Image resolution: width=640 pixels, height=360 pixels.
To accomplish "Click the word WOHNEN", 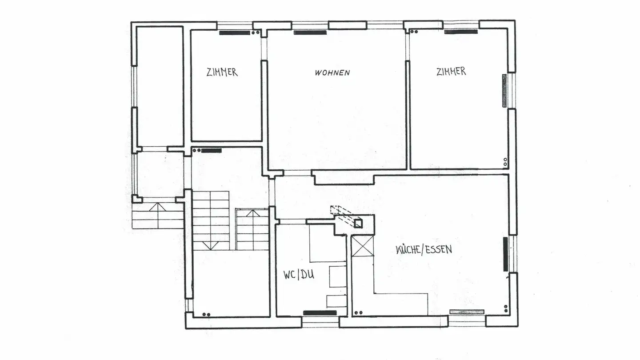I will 332,72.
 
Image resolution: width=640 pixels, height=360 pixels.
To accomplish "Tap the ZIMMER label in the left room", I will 222,72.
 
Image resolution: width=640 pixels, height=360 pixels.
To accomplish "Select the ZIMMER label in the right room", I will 451,71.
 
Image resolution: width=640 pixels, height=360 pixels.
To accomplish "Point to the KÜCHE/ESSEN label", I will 424,249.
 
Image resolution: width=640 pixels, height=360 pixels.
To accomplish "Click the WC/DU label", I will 299,275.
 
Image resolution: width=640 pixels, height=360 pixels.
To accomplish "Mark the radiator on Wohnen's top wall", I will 310,32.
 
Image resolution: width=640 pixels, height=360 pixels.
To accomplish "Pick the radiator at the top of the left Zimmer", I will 234,32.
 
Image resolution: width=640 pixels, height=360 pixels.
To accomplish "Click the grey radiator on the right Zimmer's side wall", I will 504,91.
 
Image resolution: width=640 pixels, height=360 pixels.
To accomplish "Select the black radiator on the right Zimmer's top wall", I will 461,32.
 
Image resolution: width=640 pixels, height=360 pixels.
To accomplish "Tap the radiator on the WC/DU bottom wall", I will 320,313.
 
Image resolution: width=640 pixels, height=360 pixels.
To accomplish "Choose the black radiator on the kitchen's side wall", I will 505,254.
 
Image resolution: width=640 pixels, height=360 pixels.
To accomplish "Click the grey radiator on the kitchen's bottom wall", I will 467,312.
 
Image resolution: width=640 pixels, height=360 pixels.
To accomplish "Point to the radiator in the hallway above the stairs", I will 211,151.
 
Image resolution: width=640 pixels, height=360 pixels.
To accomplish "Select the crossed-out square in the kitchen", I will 362,246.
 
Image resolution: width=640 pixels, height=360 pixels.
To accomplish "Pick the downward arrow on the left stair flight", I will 211,245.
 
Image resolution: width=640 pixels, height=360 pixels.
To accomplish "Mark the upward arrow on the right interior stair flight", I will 252,213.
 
